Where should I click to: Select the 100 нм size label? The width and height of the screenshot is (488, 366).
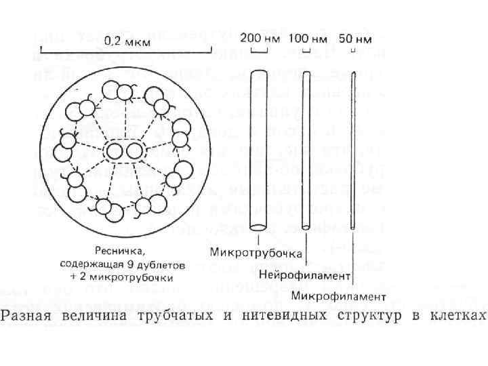(x=306, y=38)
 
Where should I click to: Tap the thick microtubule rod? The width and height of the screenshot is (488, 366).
(x=258, y=149)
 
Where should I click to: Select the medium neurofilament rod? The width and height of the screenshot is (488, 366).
(x=306, y=149)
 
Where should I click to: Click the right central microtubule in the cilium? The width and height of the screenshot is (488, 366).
(x=135, y=149)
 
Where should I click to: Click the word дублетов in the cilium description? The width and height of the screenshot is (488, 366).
(x=157, y=265)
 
